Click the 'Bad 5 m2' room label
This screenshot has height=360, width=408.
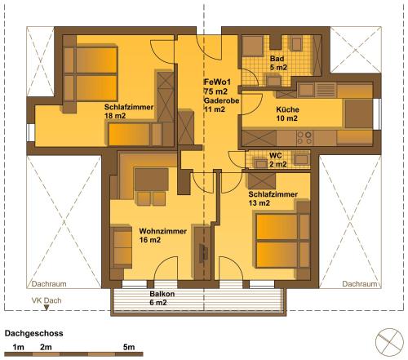278,63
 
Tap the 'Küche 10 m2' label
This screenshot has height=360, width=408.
287,114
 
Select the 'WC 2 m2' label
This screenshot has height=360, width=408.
277,160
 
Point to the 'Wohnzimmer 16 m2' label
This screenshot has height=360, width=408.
162,236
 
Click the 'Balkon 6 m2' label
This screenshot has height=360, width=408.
162,298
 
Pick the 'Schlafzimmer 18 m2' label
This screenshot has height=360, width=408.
129,111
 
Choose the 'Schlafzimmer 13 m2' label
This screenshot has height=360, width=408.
273,198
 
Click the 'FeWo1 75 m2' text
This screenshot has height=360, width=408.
217,87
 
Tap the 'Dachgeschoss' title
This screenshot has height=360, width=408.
34,333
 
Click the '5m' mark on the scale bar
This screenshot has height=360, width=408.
129,347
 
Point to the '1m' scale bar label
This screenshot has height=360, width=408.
18,347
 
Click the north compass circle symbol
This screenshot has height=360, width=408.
389,342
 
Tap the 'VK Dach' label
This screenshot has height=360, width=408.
47,300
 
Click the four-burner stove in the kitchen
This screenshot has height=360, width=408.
304,138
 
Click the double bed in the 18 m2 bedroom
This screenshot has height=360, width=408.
91,74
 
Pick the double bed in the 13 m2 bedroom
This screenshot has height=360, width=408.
283,241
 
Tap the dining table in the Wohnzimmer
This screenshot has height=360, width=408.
152,180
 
